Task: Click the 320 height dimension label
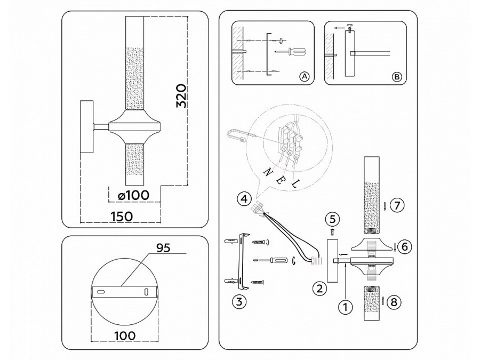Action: tap(182, 96)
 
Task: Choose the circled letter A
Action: tap(305, 77)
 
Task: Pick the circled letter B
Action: tap(396, 77)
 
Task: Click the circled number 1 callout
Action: tap(347, 307)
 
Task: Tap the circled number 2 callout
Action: tap(318, 289)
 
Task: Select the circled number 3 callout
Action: tap(239, 301)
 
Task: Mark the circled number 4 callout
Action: tap(243, 199)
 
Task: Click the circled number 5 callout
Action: tap(332, 219)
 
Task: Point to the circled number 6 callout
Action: tap(405, 246)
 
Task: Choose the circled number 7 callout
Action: tap(395, 205)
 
